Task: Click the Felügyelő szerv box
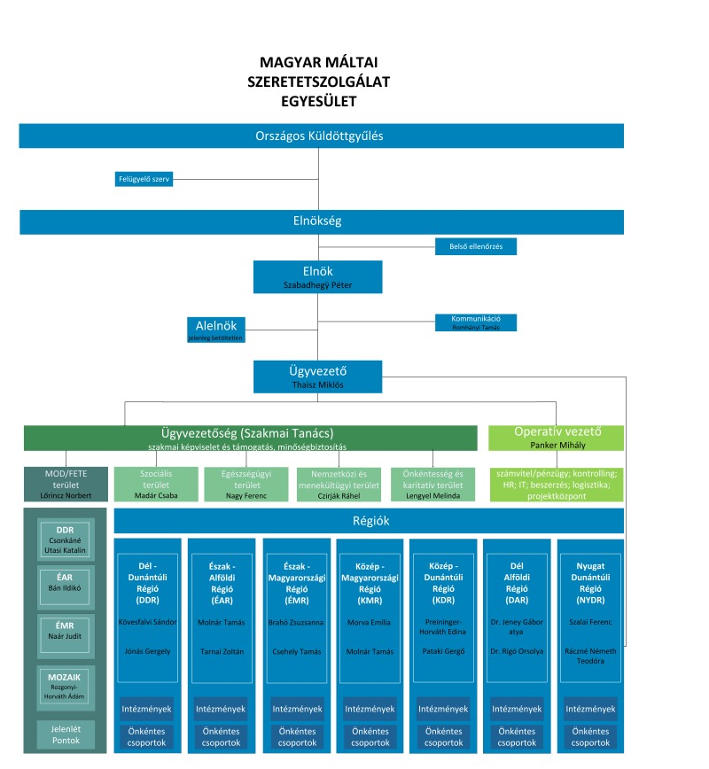[144, 179]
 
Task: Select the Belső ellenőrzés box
[475, 246]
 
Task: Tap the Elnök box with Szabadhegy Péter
[317, 277]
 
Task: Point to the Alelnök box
[216, 330]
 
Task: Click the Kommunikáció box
[475, 322]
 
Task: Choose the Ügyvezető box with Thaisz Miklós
[317, 377]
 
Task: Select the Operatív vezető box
[556, 438]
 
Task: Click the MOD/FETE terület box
[66, 484]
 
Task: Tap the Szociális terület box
[156, 484]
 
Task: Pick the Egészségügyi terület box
[246, 484]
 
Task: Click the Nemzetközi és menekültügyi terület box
[339, 484]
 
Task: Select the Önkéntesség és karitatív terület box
[432, 484]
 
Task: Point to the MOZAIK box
[65, 687]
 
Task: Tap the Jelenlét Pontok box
[66, 734]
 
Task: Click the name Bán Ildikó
[65, 587]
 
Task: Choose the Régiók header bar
[369, 521]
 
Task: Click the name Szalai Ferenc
[590, 622]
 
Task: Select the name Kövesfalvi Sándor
[147, 622]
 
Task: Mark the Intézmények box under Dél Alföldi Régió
[517, 709]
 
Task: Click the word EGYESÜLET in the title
[318, 101]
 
